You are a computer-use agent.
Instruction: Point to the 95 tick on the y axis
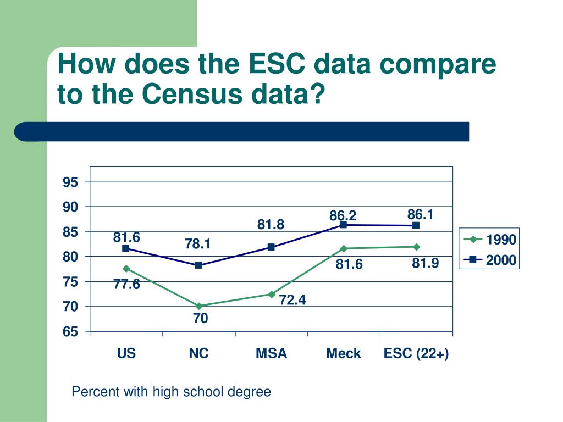(71, 182)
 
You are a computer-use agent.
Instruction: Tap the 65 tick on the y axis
(71, 331)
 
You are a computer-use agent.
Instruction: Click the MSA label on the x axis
(271, 353)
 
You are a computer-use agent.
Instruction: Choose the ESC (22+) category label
(416, 353)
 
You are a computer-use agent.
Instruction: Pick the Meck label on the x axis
(344, 353)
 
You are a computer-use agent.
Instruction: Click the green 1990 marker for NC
(198, 306)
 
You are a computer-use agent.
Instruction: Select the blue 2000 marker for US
(126, 248)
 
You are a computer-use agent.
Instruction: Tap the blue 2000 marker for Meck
(344, 225)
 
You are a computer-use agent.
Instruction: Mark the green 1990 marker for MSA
(271, 294)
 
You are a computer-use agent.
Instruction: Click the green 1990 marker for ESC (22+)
(416, 247)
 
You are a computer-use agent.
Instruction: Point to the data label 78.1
(198, 243)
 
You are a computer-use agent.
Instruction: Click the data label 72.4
(292, 300)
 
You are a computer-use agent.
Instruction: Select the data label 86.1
(421, 214)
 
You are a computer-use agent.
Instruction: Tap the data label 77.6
(127, 284)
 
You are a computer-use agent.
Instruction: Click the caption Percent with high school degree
(172, 392)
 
